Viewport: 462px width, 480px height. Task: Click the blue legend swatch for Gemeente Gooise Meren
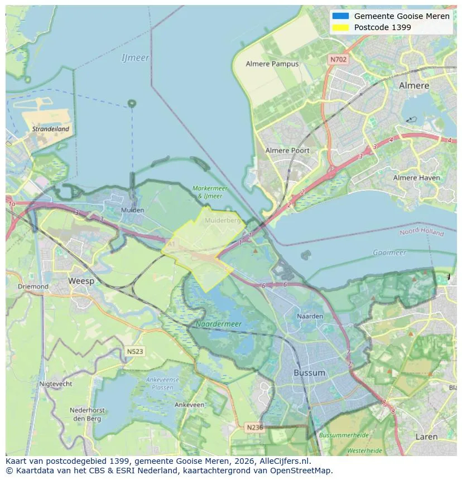coord(340,16)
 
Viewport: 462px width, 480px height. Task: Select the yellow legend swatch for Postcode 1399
coord(340,27)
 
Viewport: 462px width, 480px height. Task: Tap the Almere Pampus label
coord(272,64)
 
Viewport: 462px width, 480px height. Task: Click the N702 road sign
coord(338,59)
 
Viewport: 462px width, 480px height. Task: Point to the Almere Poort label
coord(287,151)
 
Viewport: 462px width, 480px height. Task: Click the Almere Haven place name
coord(416,178)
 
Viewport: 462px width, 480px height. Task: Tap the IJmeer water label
coord(135,58)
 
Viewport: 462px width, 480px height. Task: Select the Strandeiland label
coord(51,129)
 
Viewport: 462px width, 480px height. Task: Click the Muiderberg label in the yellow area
coord(222,220)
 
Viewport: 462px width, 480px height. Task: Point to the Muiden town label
coord(132,210)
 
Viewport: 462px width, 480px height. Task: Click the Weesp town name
coord(81,281)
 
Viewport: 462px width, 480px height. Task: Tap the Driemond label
coord(33,287)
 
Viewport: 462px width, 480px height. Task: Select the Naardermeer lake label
coord(218,323)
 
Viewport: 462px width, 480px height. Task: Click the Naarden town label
coord(310,316)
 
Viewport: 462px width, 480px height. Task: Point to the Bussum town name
coord(309,372)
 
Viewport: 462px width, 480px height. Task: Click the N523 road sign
coord(134,352)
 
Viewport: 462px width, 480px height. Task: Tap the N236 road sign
coord(255,427)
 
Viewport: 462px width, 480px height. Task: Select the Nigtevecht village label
coord(55,384)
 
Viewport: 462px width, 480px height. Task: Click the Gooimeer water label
coord(389,253)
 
